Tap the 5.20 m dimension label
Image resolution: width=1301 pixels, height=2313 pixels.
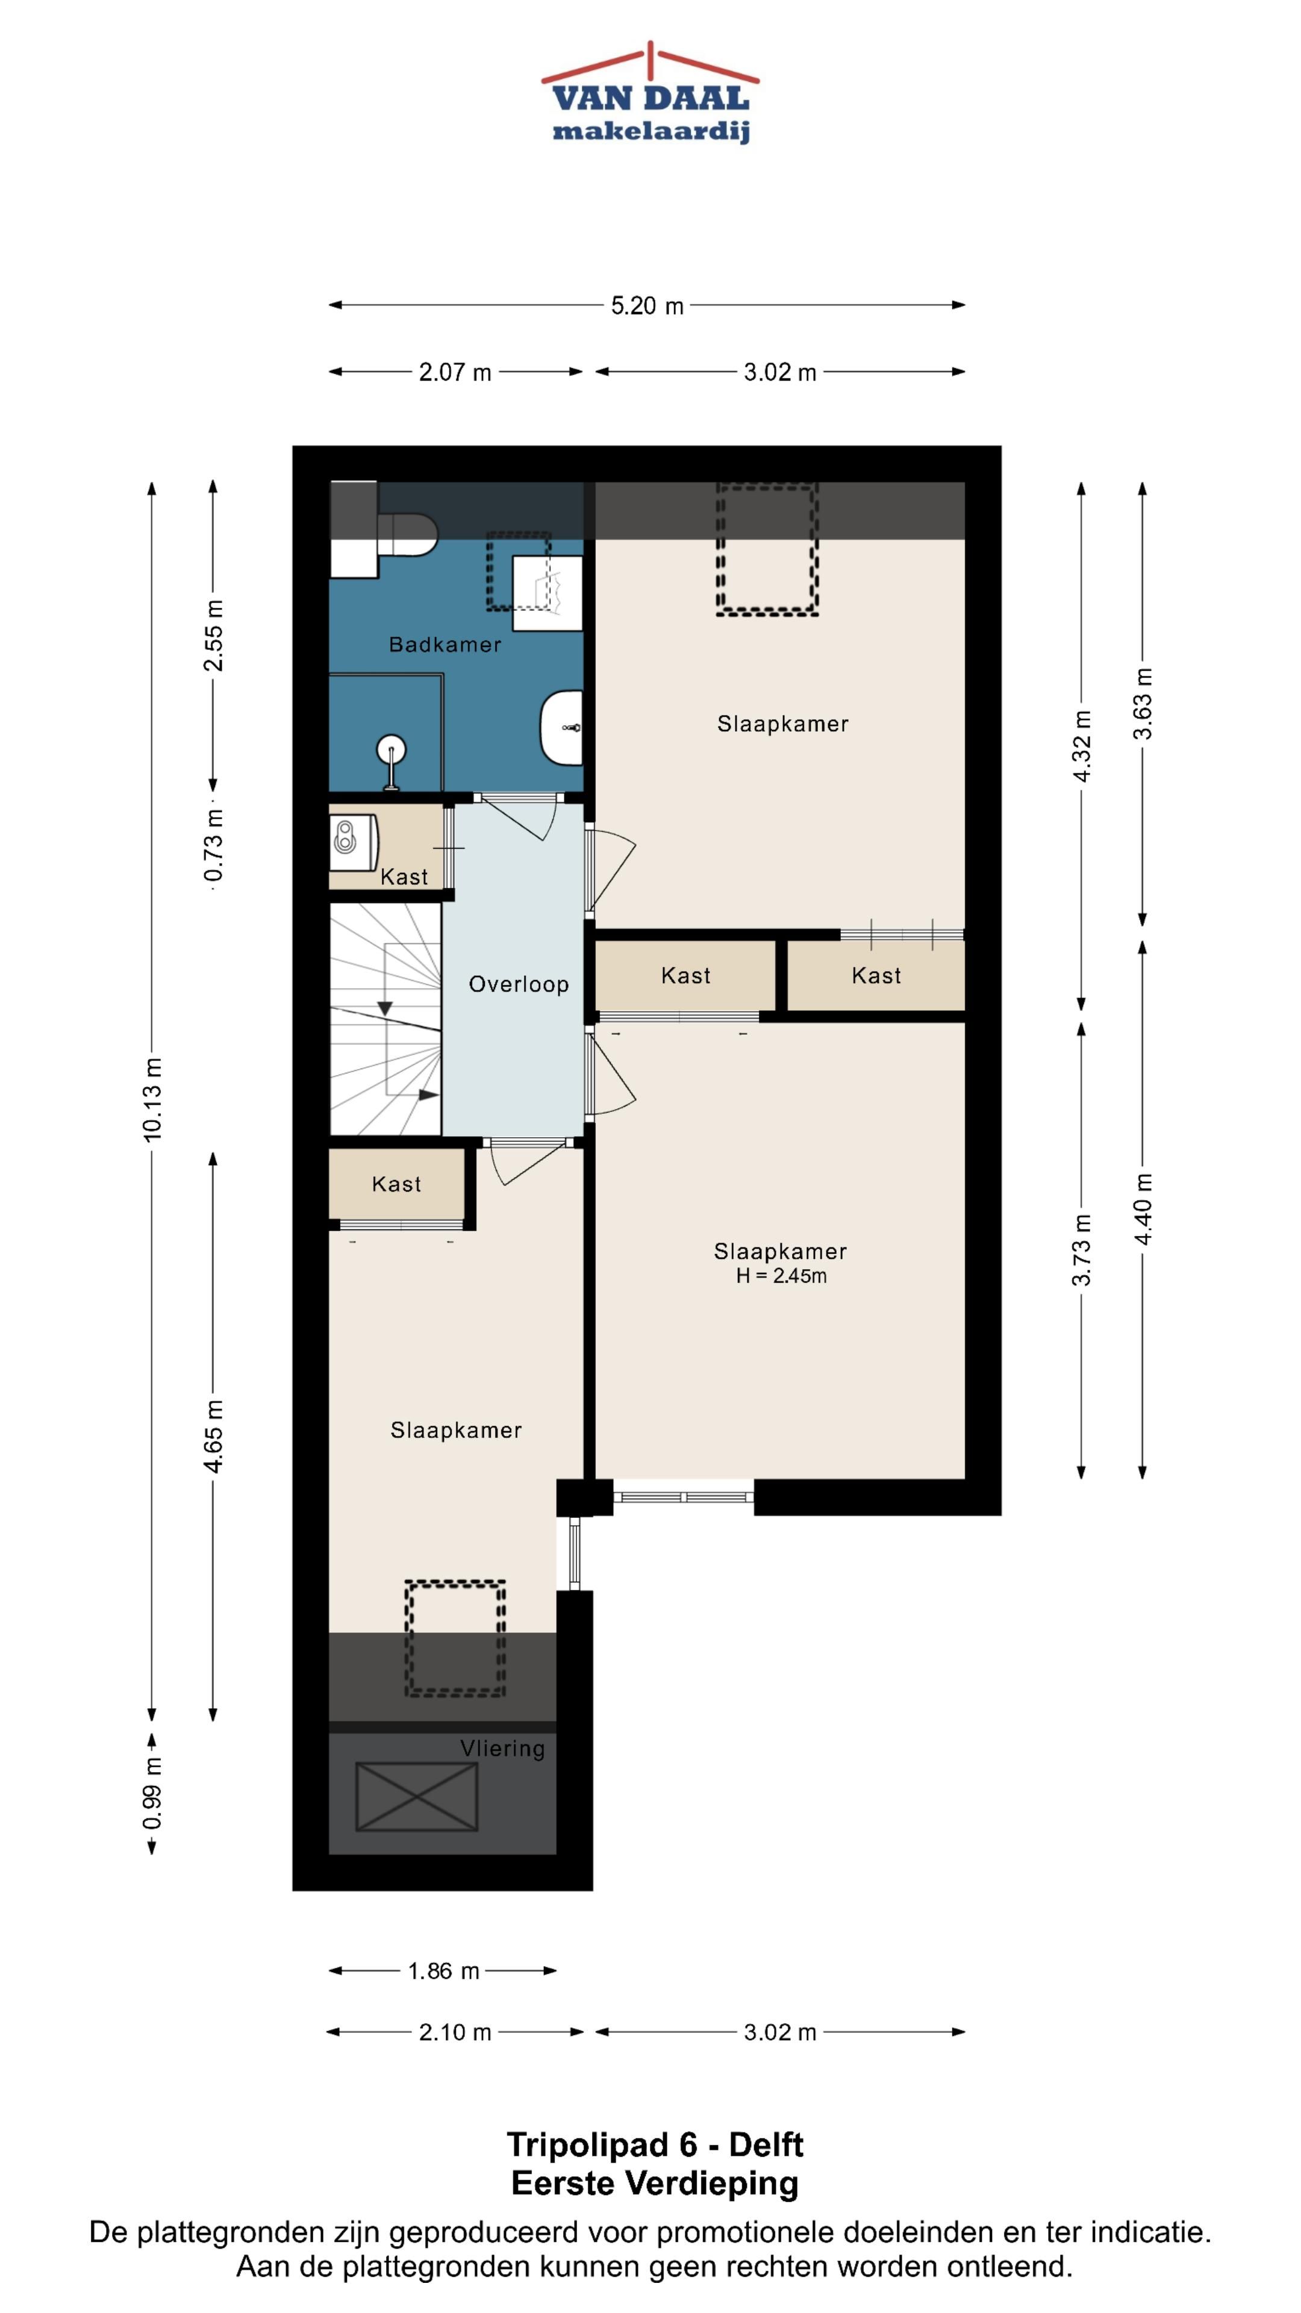[x=647, y=306]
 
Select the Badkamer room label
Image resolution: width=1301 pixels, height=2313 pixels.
[x=445, y=644]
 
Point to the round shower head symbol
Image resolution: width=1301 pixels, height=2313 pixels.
[x=392, y=748]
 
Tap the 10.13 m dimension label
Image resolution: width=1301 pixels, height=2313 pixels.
[x=152, y=1099]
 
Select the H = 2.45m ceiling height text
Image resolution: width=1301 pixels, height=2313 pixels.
[x=781, y=1276]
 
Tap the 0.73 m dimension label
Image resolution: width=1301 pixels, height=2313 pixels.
[x=214, y=845]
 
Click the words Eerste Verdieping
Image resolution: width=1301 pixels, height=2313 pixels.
[x=655, y=2183]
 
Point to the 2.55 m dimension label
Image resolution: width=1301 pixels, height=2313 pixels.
[x=214, y=635]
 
